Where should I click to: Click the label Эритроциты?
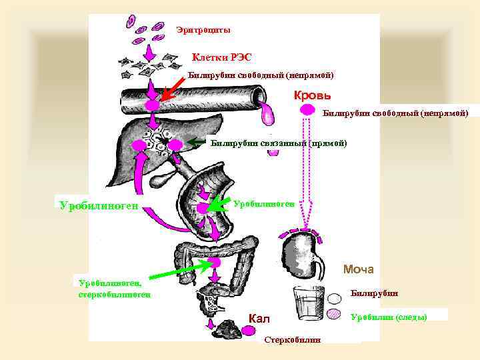coord(203,30)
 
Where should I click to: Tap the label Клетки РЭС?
coord(222,57)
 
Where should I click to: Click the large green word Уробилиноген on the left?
coord(99,205)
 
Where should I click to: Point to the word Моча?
coord(359,269)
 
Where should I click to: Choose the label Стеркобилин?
coord(292,340)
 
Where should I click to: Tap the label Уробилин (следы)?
coord(389,316)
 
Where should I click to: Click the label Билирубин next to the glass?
coord(374,293)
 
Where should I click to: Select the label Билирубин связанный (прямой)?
coord(279,142)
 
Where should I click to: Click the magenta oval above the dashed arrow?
coord(307,109)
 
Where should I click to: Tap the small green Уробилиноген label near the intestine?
coord(264,203)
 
